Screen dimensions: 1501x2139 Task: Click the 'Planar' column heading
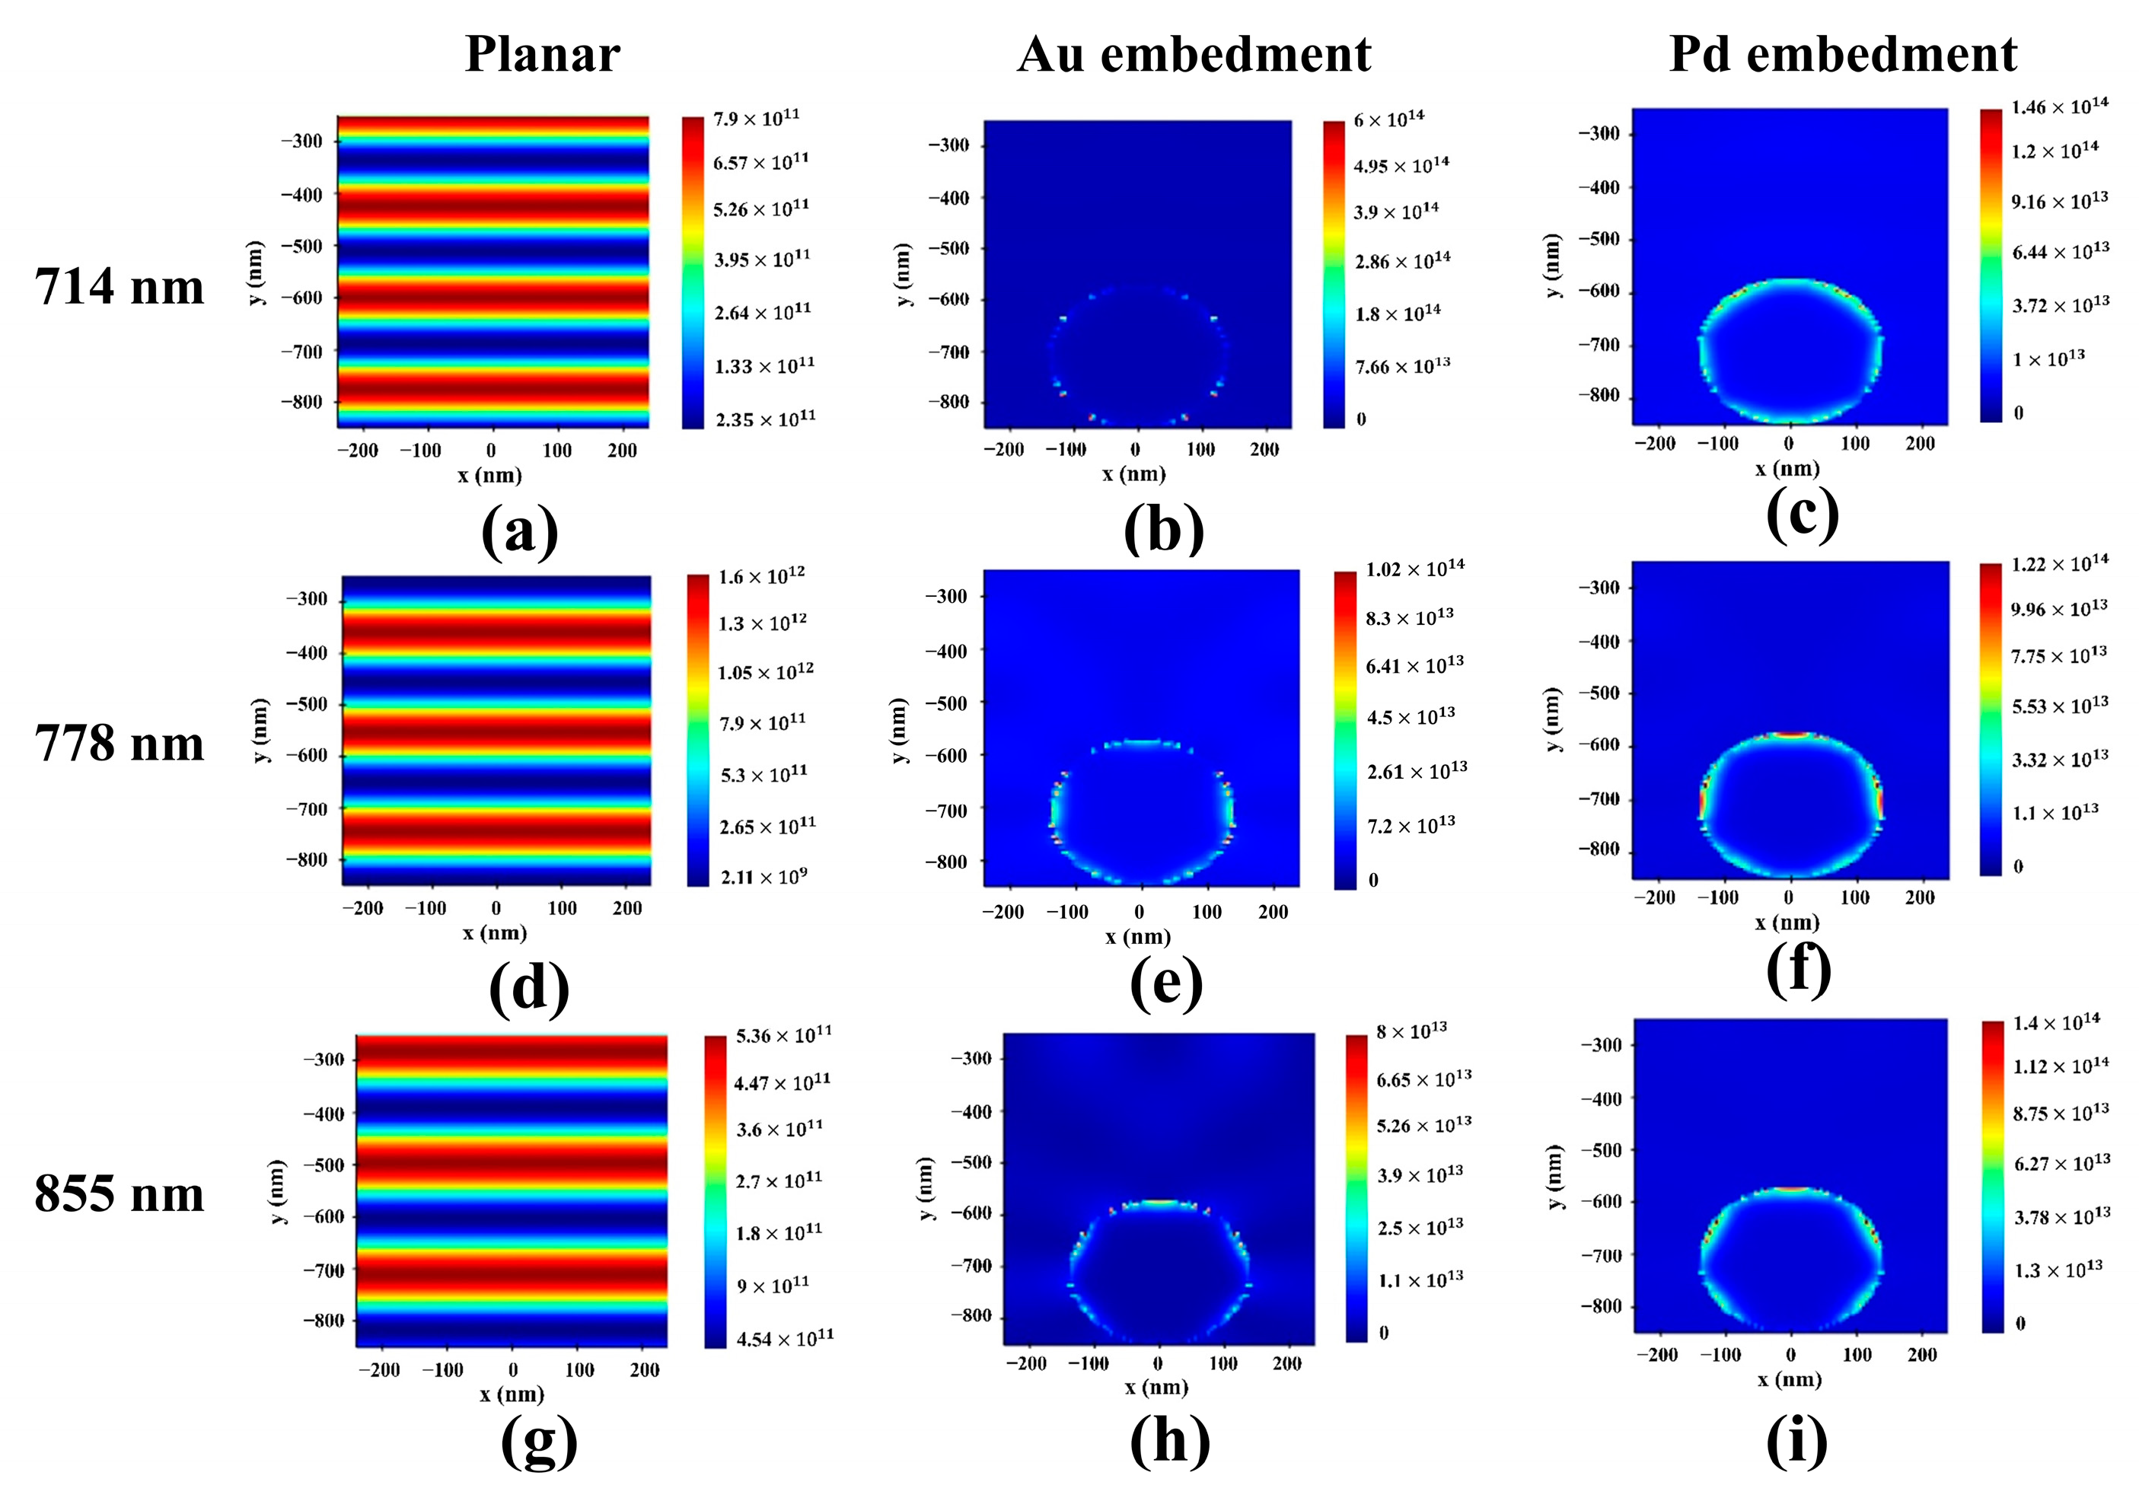click(542, 54)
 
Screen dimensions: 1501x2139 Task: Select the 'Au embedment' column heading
click(1194, 54)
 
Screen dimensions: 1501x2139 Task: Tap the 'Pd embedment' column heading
click(1842, 54)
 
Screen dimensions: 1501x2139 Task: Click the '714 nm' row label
click(120, 286)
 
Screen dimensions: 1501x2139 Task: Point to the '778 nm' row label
click(120, 744)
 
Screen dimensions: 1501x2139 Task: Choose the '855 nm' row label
click(120, 1193)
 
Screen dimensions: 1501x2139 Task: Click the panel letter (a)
click(519, 532)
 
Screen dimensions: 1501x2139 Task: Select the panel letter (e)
click(1165, 985)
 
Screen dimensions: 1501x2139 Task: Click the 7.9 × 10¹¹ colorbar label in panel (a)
click(756, 118)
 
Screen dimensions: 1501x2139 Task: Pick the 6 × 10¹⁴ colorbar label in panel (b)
click(1388, 120)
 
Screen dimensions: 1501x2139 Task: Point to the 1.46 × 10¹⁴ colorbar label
click(2059, 107)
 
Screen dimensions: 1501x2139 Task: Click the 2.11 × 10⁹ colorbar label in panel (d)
click(763, 877)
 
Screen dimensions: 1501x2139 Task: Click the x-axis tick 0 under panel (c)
click(1788, 444)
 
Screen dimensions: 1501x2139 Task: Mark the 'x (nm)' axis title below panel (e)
click(1136, 936)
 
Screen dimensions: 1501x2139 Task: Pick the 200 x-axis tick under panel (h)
click(1286, 1363)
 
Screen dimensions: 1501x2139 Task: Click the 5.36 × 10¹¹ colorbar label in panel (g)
click(783, 1035)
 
